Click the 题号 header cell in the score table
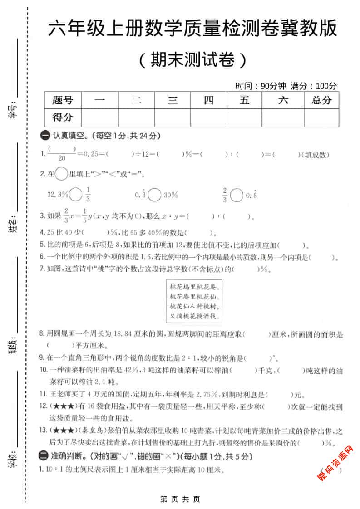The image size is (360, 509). point(63,100)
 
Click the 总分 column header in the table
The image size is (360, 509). point(321,100)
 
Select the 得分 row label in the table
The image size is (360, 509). point(63,117)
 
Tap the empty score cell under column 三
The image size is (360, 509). point(173,117)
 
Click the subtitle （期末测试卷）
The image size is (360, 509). point(193,60)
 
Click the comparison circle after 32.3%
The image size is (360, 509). point(77,195)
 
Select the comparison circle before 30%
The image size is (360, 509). point(154,195)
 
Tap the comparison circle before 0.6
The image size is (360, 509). point(237,195)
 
